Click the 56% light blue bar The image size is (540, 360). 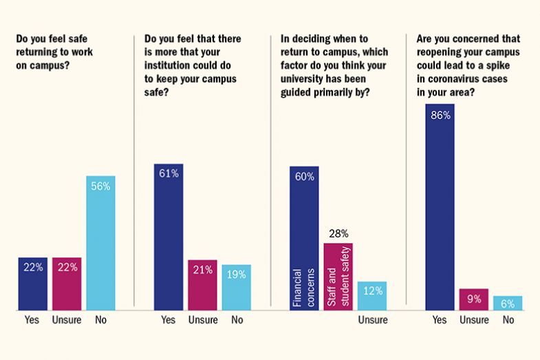click(100, 242)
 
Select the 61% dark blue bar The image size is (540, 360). click(169, 237)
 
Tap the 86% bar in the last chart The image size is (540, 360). click(440, 207)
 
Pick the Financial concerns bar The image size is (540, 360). click(304, 238)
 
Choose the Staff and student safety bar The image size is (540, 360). click(338, 276)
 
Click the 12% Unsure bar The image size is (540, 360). click(372, 295)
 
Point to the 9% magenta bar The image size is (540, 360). click(474, 299)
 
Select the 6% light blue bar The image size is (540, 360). click(508, 303)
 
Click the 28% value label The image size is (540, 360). click(338, 234)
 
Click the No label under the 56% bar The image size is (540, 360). click(100, 320)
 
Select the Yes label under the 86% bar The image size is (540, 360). click(440, 320)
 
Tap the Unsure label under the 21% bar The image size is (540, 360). click(203, 320)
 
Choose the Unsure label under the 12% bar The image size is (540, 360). click(373, 320)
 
